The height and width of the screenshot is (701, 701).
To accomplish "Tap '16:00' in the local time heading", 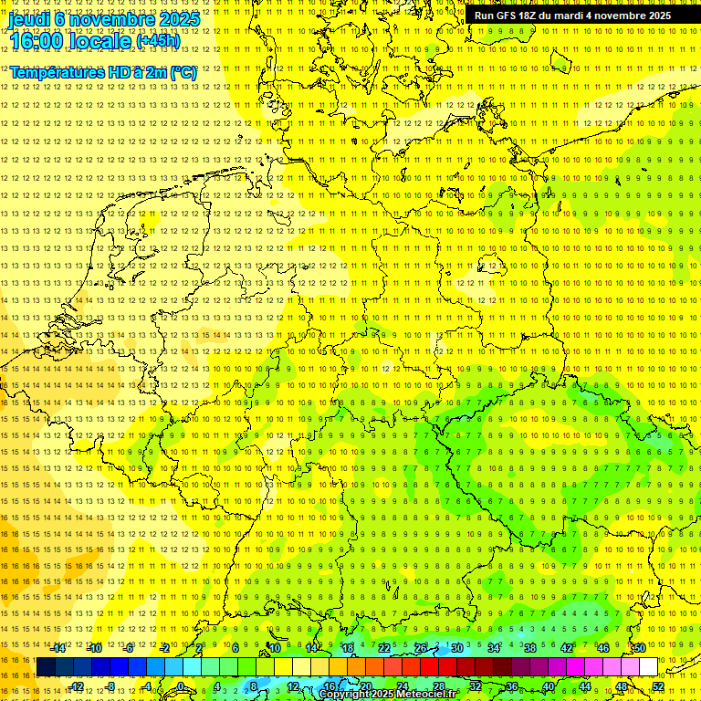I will (36, 40).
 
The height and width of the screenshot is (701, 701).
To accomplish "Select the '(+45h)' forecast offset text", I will (158, 40).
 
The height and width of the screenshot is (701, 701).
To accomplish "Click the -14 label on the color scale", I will (58, 648).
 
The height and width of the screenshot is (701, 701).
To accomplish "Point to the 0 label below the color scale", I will (182, 686).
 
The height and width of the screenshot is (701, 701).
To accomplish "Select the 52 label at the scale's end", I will (658, 686).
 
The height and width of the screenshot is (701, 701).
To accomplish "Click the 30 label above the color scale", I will (456, 648).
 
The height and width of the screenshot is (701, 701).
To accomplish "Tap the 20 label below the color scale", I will (365, 686).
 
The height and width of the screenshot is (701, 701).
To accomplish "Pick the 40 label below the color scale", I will (548, 686).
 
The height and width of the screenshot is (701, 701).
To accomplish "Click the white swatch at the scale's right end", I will (648, 667).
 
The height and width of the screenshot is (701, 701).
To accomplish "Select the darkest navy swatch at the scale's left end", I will (46, 667).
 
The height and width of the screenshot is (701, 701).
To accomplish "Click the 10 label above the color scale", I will (274, 648).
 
